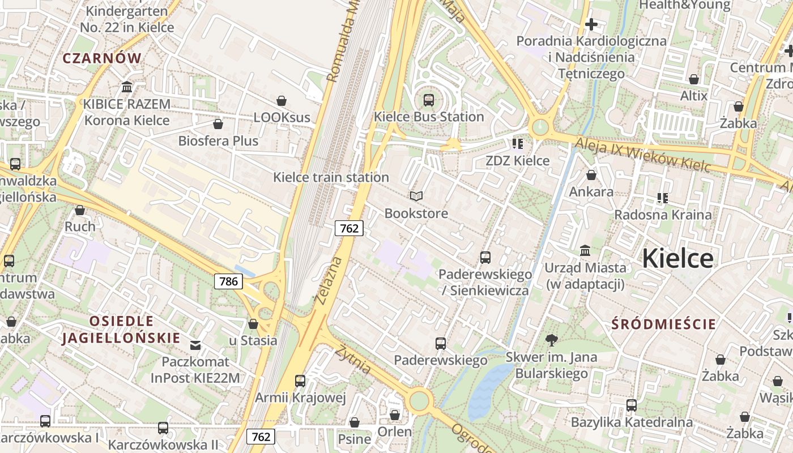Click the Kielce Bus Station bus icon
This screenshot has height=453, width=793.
click(x=429, y=100)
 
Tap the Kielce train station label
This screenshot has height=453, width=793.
click(x=331, y=177)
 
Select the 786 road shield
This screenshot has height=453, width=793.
click(x=228, y=281)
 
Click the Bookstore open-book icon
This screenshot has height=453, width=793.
click(x=416, y=196)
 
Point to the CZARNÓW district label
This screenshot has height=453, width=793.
click(x=102, y=58)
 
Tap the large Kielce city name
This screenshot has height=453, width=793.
click(x=677, y=258)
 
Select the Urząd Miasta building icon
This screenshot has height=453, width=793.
click(x=585, y=250)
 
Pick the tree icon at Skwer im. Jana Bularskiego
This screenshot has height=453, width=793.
click(x=551, y=340)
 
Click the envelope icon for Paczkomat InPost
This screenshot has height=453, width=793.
click(x=195, y=345)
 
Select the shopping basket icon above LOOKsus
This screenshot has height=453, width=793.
click(x=282, y=100)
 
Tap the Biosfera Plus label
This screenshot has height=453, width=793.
click(x=218, y=141)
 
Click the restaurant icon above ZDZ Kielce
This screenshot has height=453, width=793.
click(x=517, y=143)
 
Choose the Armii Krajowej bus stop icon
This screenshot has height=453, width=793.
click(x=300, y=381)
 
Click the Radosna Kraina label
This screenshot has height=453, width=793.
click(x=663, y=215)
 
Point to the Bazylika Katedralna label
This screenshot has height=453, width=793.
click(x=632, y=422)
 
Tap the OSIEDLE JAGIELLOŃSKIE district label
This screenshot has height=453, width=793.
click(x=121, y=330)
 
